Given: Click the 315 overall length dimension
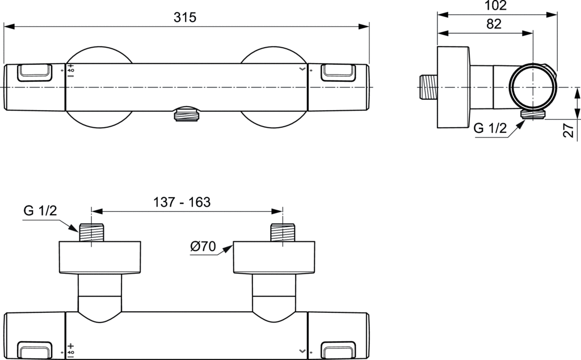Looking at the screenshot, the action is (x=185, y=18).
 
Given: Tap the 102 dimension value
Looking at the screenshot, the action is (x=495, y=5).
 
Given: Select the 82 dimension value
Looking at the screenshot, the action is (x=494, y=24).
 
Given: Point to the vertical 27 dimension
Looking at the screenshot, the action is (x=569, y=130).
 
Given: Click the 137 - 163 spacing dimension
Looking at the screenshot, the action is (x=182, y=202).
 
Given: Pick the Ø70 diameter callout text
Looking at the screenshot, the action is (x=203, y=246).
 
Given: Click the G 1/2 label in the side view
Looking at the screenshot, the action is (x=490, y=128).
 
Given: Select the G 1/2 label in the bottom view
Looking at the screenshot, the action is (x=40, y=211).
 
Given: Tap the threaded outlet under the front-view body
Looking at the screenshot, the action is (x=186, y=114).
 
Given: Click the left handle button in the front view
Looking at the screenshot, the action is (x=35, y=73).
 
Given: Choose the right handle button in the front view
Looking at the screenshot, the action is (x=338, y=73).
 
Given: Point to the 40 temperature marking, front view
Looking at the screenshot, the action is (x=71, y=70).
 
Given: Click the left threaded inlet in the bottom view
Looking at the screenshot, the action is (x=91, y=233).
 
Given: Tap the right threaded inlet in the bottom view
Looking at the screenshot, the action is (x=283, y=233).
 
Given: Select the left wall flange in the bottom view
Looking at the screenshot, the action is (x=100, y=258).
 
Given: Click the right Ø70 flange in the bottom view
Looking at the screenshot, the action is (x=274, y=258).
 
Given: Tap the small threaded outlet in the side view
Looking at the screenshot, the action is (x=533, y=115).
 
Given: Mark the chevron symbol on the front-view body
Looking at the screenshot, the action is (x=302, y=69).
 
